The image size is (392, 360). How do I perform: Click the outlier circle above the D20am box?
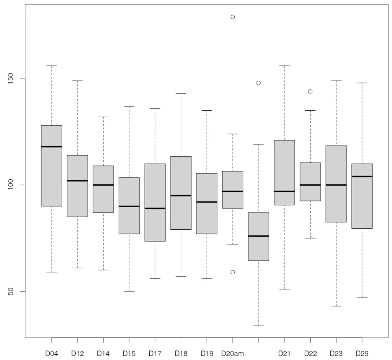[232, 17]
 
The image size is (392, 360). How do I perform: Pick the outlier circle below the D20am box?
[232, 272]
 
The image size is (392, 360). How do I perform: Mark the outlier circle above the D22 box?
[310, 91]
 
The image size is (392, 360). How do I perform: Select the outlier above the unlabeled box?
[258, 83]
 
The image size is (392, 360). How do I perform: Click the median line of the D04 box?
[51, 147]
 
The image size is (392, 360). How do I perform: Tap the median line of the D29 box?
[362, 177]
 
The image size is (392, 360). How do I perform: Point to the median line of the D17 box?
[155, 208]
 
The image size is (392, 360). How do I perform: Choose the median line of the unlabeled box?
[258, 236]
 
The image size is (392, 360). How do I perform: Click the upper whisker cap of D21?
[284, 66]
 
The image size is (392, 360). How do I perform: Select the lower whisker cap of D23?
[336, 306]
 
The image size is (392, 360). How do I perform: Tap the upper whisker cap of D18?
[181, 93]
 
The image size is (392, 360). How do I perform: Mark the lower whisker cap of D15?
[129, 291]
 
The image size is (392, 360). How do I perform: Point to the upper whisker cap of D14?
[103, 117]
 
